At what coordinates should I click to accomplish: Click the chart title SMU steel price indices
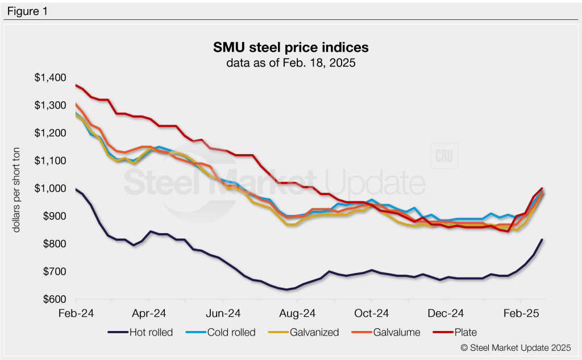(290, 47)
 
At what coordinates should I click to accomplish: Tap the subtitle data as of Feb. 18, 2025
(290, 63)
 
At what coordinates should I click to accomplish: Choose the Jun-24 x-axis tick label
(223, 313)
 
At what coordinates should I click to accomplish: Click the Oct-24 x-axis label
(371, 313)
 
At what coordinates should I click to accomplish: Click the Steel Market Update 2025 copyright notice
(515, 347)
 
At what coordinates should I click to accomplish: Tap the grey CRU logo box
(444, 156)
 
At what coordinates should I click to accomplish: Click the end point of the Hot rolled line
(542, 240)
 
